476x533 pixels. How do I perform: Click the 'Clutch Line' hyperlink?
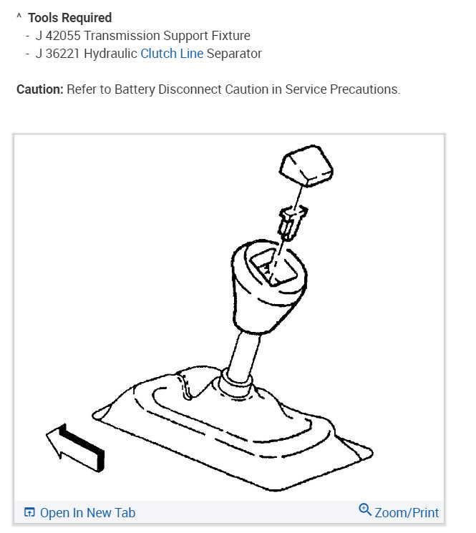[172, 53]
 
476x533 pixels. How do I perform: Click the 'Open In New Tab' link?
[87, 512]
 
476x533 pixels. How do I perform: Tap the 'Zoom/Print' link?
[407, 512]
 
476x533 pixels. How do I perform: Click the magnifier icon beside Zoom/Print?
[365, 511]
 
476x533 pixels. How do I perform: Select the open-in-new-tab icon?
[29, 512]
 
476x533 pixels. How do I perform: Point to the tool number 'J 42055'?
[57, 35]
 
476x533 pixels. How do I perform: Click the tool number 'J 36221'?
[57, 53]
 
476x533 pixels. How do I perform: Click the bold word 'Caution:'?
[40, 90]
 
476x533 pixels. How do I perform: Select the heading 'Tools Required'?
[70, 17]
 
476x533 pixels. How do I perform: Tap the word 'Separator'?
[234, 53]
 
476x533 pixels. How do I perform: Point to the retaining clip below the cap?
[290, 222]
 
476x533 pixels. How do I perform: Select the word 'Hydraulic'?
[111, 53]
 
